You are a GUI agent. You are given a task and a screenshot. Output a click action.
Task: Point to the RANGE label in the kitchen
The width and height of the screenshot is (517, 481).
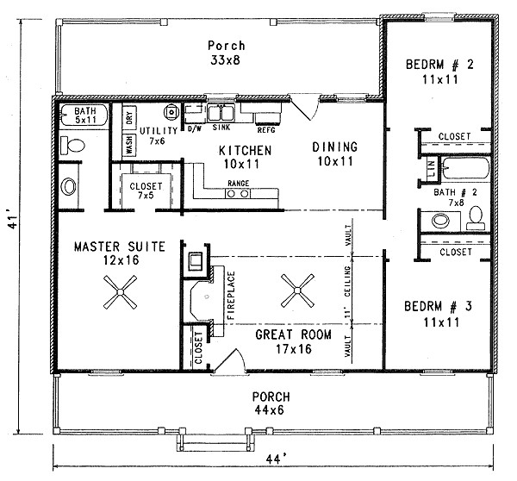tap(237, 184)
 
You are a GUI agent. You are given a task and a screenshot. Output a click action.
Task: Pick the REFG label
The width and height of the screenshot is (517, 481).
tap(266, 130)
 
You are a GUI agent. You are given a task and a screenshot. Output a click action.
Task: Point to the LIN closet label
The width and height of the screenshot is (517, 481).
tap(431, 167)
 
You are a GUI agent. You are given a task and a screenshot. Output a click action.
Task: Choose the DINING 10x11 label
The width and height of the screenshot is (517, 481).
tap(334, 153)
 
